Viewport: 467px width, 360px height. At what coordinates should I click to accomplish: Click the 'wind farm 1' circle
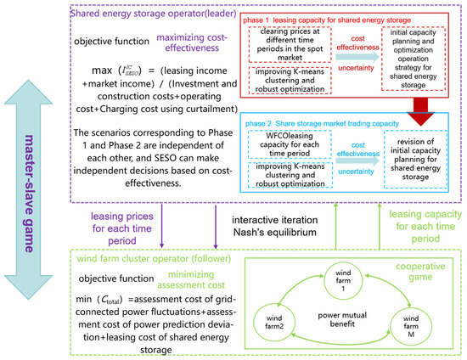pos(335,280)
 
